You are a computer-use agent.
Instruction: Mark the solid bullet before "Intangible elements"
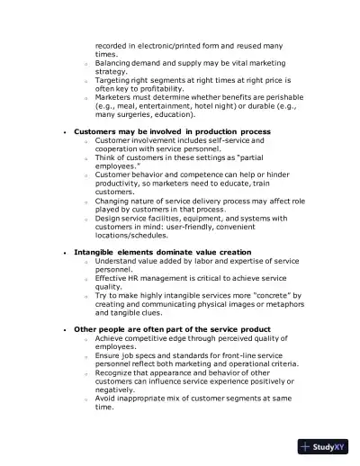pyautogui.click(x=65, y=253)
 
